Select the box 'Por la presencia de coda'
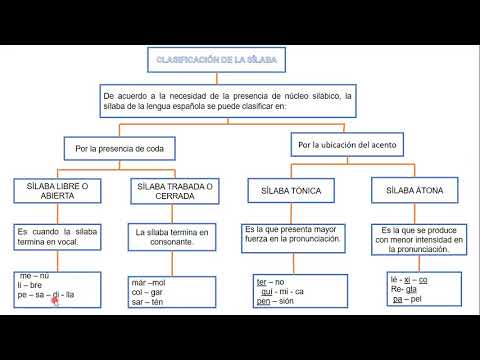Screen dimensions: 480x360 pyautogui.click(x=121, y=149)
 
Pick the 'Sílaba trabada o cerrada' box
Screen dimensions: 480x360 pyautogui.click(x=175, y=189)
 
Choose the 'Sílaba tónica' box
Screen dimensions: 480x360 pyautogui.click(x=290, y=189)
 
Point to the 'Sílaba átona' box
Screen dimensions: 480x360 pyautogui.click(x=413, y=189)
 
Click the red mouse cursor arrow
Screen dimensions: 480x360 pyautogui.click(x=56, y=299)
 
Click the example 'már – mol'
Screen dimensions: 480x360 pyautogui.click(x=150, y=283)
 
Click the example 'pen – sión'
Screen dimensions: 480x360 pyautogui.click(x=275, y=301)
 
